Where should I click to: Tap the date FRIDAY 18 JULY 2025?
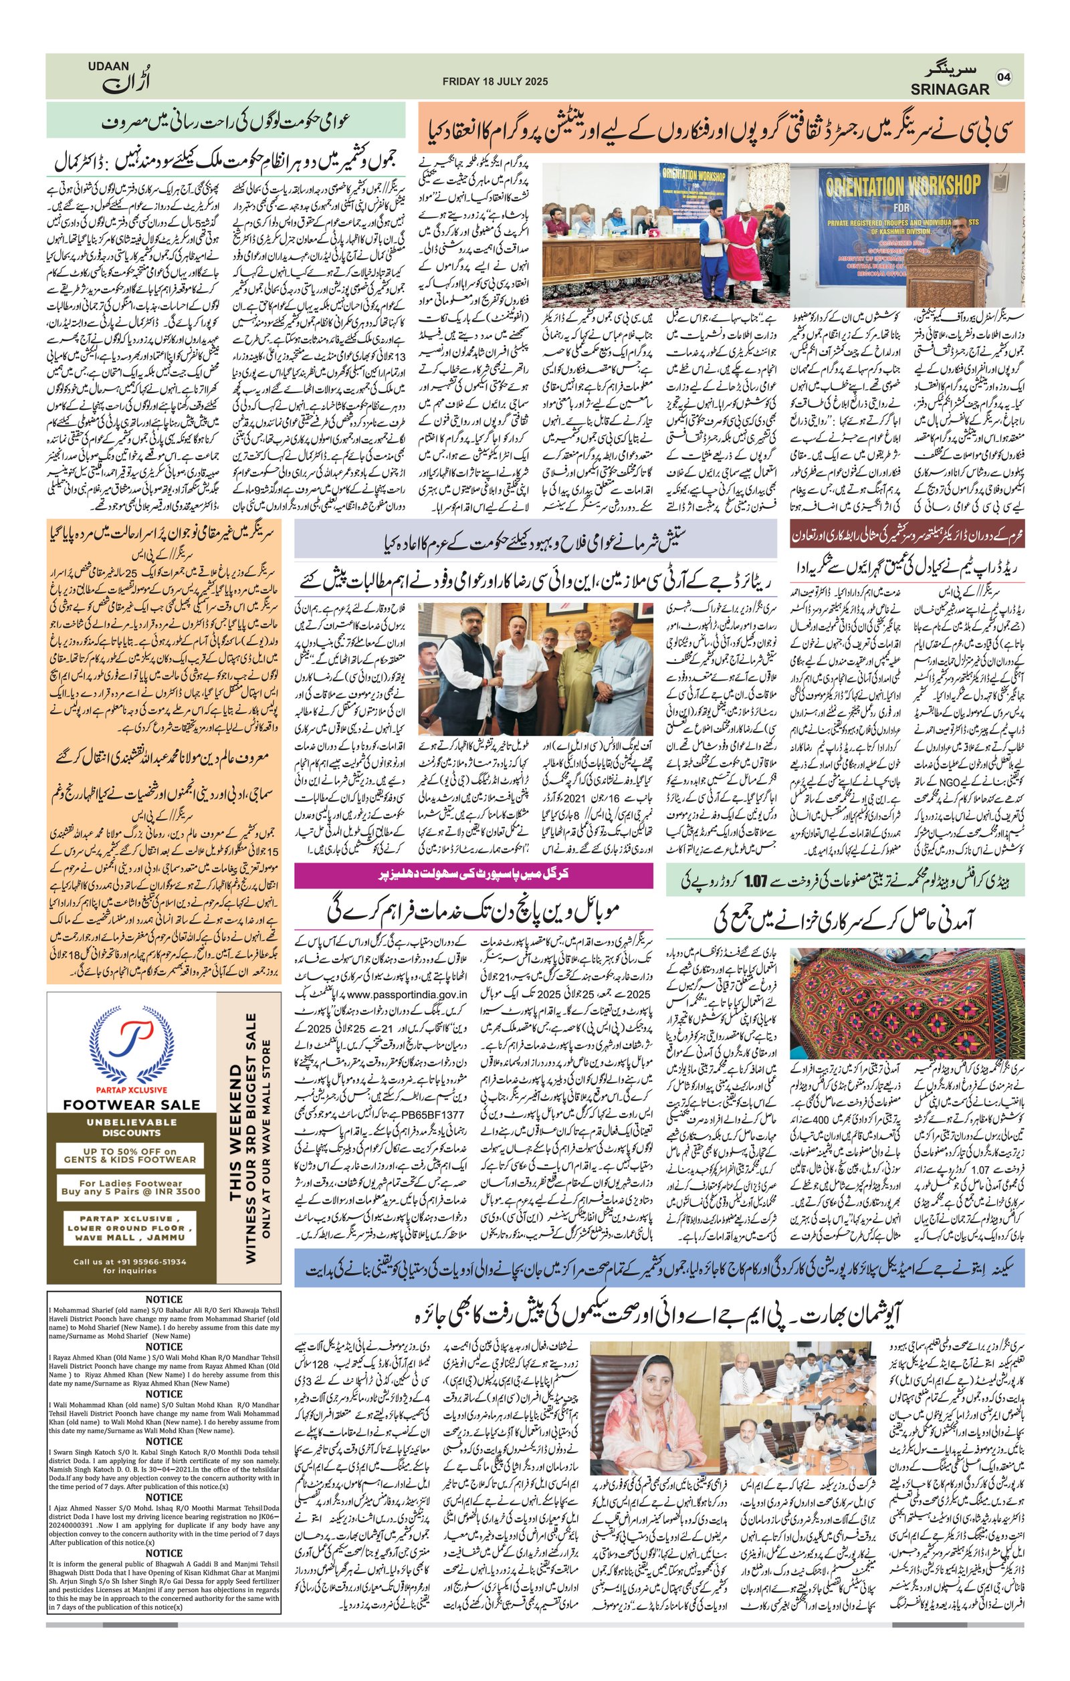coord(495,82)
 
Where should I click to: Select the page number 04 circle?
coord(1004,77)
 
